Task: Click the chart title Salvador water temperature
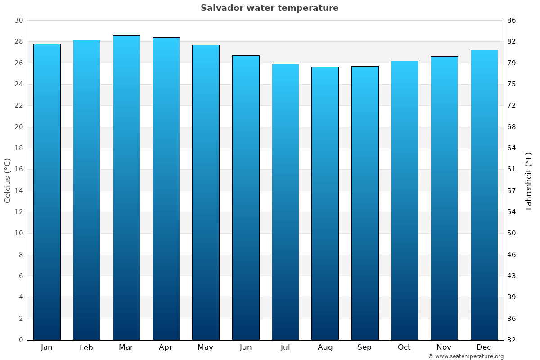pyautogui.click(x=270, y=8)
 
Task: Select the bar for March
pyautogui.click(x=126, y=187)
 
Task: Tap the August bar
pyautogui.click(x=325, y=203)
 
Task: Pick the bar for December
pyautogui.click(x=484, y=194)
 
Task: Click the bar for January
pyautogui.click(x=47, y=192)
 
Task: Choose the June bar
pyautogui.click(x=246, y=198)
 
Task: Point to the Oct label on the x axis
pyautogui.click(x=404, y=347)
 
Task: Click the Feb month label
pyautogui.click(x=86, y=347)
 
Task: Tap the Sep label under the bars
pyautogui.click(x=364, y=347)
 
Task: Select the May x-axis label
pyautogui.click(x=206, y=347)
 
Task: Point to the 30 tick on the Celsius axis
pyautogui.click(x=18, y=20)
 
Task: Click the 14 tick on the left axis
pyautogui.click(x=18, y=191)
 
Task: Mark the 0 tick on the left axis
pyautogui.click(x=21, y=340)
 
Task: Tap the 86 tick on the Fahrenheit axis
pyautogui.click(x=512, y=20)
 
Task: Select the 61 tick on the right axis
pyautogui.click(x=512, y=169)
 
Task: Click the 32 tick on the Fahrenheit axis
pyautogui.click(x=512, y=340)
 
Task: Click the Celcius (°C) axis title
pyautogui.click(x=8, y=180)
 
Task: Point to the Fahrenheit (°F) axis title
pyautogui.click(x=528, y=180)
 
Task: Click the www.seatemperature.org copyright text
pyautogui.click(x=466, y=356)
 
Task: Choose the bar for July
pyautogui.click(x=285, y=202)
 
